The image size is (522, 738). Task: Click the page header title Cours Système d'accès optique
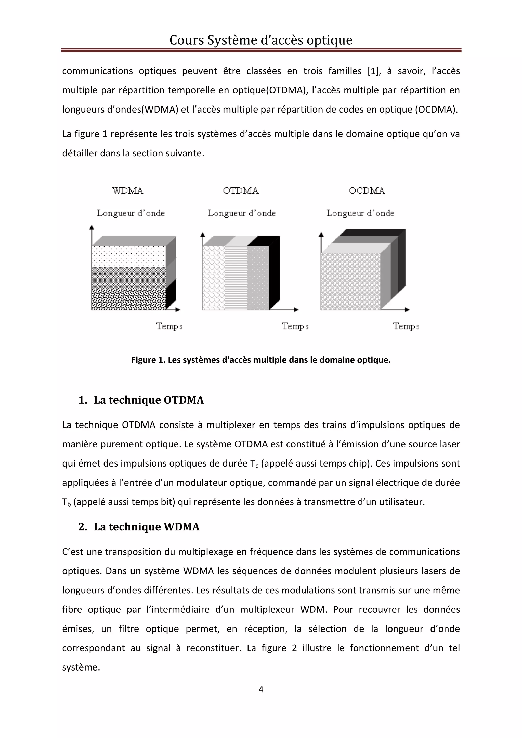pos(261,40)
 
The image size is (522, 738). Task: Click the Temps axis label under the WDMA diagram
pos(169,326)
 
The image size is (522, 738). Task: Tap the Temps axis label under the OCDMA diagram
pos(406,326)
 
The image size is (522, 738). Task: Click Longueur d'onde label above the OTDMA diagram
pos(242,213)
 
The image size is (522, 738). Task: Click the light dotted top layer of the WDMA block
pos(129,256)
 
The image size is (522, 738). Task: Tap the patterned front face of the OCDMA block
pos(350,281)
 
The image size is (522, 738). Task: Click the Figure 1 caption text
pos(261,360)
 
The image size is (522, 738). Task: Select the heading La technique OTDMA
pos(149,400)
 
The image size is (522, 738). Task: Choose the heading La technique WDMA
pos(146,527)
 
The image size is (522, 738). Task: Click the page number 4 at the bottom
pos(261,689)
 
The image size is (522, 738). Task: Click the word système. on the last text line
pos(81,667)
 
